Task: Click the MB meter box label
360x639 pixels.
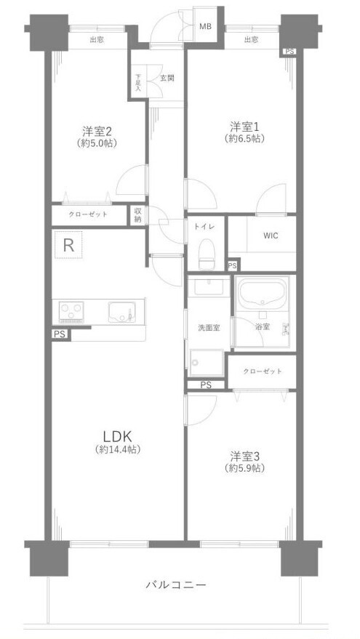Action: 205,27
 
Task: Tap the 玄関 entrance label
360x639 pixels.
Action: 167,78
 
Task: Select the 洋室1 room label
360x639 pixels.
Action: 244,125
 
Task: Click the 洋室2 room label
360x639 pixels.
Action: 97,131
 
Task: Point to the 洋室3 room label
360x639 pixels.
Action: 244,455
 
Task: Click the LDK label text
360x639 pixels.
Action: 116,437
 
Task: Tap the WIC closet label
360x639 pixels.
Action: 271,236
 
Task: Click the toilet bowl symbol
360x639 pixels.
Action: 207,254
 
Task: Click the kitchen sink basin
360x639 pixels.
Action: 120,312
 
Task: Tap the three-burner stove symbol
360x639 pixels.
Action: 71,312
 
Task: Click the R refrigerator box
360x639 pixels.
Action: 68,245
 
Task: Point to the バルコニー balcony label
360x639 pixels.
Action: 176,585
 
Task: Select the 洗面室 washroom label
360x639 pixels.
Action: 209,327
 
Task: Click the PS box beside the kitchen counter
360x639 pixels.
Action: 60,334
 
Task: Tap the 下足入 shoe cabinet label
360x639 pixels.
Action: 138,82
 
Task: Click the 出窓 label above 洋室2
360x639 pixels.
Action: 96,40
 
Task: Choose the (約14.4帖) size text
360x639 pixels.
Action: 118,450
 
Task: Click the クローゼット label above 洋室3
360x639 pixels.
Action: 262,371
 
